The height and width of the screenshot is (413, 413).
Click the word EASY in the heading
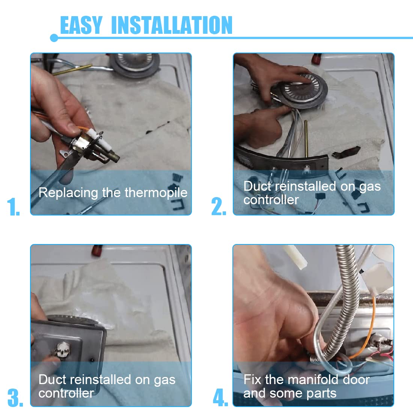click(x=81, y=25)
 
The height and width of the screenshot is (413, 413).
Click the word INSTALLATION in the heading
click(x=172, y=25)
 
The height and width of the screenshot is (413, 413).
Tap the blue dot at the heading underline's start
click(x=54, y=38)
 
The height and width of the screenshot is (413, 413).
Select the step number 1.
click(x=13, y=207)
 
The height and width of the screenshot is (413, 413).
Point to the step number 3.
click(x=15, y=398)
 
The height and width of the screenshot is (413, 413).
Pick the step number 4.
click(x=220, y=398)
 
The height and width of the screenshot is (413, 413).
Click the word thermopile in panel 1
click(x=156, y=193)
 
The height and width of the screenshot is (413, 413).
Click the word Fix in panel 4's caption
click(x=252, y=380)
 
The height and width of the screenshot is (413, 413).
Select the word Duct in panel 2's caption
click(x=257, y=186)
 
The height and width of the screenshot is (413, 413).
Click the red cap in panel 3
click(x=96, y=250)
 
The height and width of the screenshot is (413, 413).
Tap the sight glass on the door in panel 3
click(x=63, y=350)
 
